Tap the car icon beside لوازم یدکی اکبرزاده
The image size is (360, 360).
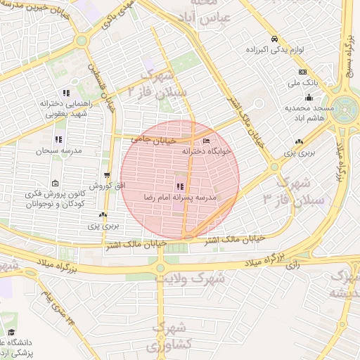coord(274,39)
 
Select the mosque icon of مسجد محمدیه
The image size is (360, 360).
coord(309,97)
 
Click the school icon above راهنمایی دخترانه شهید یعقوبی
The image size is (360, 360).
coord(66,92)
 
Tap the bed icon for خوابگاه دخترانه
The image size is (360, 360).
coord(205,141)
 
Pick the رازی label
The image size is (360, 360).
coord(293,265)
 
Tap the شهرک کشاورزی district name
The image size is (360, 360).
coord(168,337)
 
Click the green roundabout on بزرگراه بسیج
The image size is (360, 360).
coord(345,110)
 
